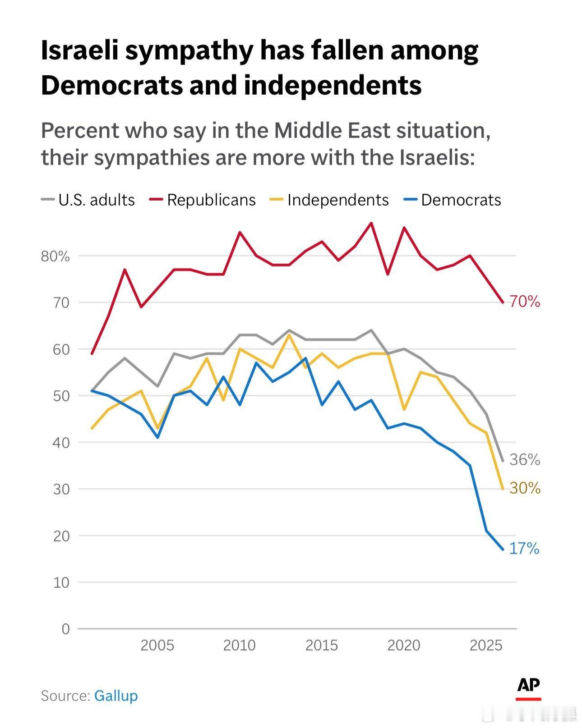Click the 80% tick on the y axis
point(55,256)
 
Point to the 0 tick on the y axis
point(66,629)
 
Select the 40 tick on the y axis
point(61,443)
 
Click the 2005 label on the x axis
point(157,646)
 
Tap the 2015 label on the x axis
point(322,646)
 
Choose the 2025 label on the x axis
point(486,646)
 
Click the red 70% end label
point(525,302)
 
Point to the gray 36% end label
point(525,460)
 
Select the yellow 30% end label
point(525,488)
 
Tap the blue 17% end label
point(524,549)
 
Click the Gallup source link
point(116,696)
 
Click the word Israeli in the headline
point(79,50)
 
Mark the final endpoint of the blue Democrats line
point(503,549)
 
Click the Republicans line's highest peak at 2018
point(371,223)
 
